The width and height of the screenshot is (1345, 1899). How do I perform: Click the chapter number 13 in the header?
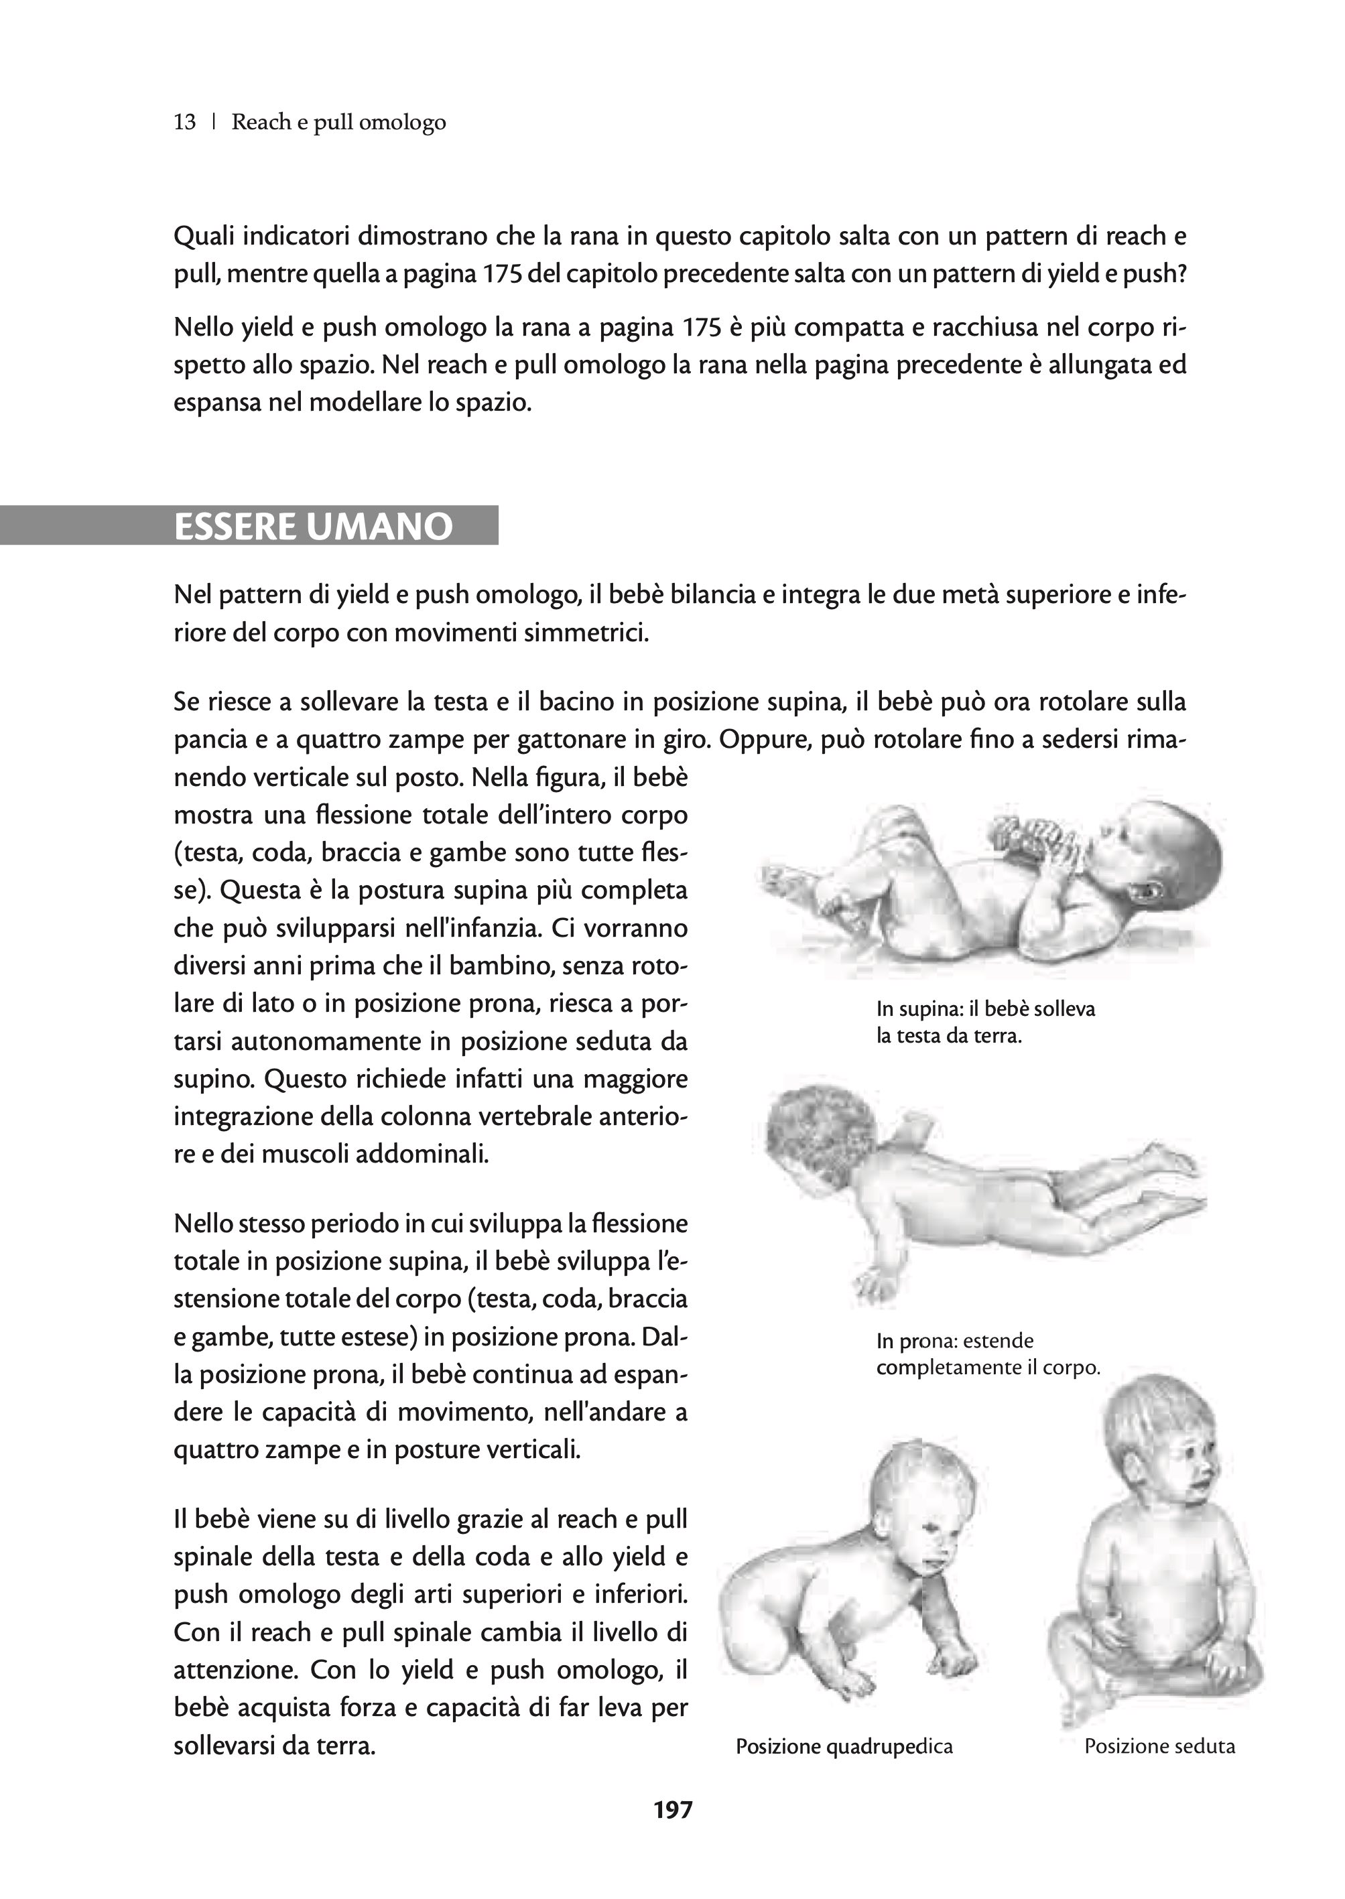(185, 123)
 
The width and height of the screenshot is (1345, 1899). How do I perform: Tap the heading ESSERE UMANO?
(313, 527)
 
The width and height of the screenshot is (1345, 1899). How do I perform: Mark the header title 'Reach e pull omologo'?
(338, 123)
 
